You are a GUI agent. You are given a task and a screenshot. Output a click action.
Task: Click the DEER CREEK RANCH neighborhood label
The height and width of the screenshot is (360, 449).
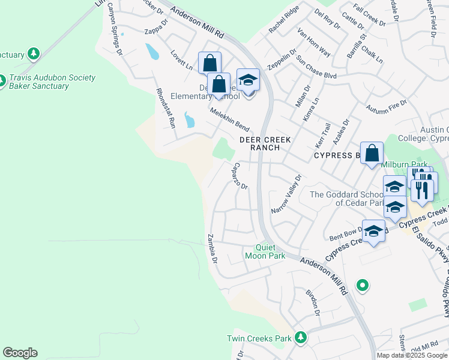click(265, 143)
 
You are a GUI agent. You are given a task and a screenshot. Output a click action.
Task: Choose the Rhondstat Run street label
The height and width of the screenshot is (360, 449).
click(165, 109)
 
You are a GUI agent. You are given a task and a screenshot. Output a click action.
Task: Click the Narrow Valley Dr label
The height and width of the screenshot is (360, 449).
click(285, 194)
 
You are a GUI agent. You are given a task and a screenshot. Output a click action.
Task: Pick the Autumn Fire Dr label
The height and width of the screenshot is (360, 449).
click(386, 107)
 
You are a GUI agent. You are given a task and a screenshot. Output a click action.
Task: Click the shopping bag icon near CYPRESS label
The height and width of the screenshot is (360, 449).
click(372, 153)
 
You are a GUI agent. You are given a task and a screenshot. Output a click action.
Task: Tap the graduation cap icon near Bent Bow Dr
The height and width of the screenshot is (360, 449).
click(373, 232)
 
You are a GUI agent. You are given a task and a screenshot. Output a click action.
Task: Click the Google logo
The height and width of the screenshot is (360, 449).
click(20, 353)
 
